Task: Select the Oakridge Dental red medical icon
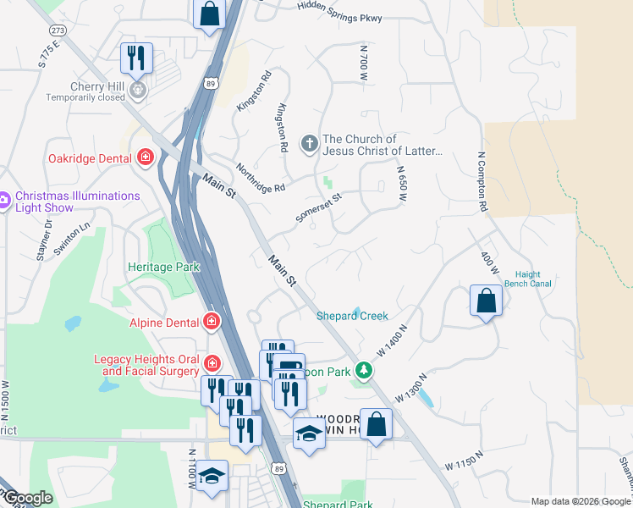(x=146, y=157)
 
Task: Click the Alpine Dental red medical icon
(x=211, y=322)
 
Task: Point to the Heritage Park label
(x=163, y=267)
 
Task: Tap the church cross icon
(x=310, y=144)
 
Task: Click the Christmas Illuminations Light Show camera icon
(x=3, y=201)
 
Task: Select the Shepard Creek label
(x=352, y=316)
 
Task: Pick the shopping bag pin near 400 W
(x=486, y=301)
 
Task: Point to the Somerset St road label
(x=318, y=207)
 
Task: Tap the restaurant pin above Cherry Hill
(x=136, y=58)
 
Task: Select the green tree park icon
(x=363, y=370)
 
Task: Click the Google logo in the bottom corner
(x=27, y=498)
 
